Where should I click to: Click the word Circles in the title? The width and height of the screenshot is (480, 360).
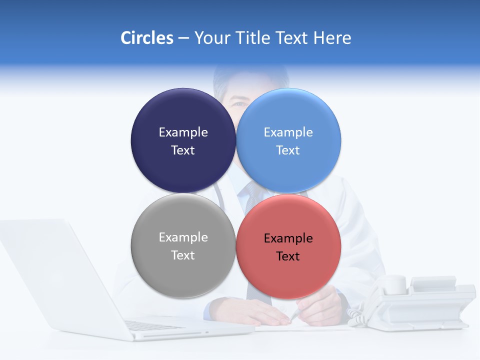point(146,38)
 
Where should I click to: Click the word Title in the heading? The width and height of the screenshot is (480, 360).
point(254,38)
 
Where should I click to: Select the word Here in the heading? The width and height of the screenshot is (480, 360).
point(332,38)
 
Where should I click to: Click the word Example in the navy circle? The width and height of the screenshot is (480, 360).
point(183,132)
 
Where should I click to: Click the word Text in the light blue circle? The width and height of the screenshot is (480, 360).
point(288,150)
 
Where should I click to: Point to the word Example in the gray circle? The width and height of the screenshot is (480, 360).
point(183,237)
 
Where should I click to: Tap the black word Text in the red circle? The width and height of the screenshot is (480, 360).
point(288,256)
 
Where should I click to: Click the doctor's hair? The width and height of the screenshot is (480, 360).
point(250,75)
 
